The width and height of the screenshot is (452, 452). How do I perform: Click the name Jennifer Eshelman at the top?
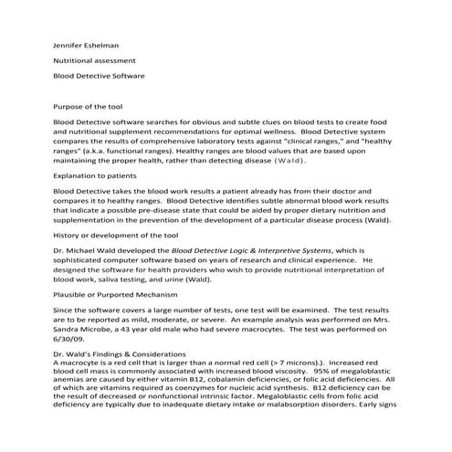pyautogui.click(x=89, y=43)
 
